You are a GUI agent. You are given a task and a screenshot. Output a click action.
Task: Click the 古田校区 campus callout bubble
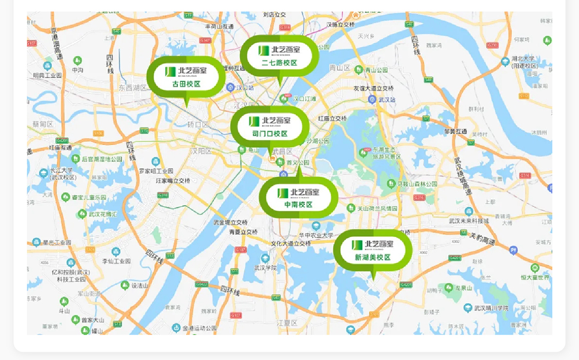coord(186,77)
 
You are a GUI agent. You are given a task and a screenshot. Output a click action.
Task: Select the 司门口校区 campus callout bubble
coord(270,127)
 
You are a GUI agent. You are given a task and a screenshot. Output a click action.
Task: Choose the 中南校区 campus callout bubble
coord(298,198)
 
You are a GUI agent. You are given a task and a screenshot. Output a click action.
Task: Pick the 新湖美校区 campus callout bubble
coord(373,251)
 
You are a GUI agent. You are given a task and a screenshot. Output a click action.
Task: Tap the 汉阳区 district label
coord(202,151)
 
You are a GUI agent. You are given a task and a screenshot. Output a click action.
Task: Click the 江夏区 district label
coord(287,322)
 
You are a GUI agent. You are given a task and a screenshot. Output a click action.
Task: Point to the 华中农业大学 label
coord(316,235)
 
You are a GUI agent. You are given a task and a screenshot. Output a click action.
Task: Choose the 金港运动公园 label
coord(199,328)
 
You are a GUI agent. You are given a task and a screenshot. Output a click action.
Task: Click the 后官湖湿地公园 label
coord(102,159)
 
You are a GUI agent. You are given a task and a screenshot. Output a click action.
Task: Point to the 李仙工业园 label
coord(116,261)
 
